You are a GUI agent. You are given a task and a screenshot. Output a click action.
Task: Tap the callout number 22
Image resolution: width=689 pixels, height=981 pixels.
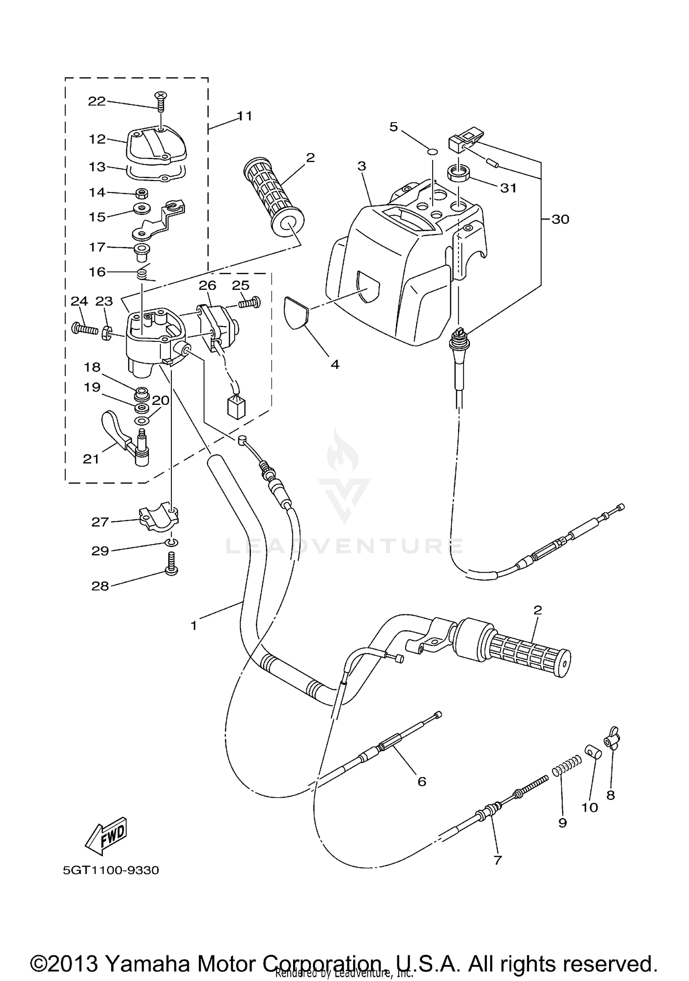[x=96, y=101]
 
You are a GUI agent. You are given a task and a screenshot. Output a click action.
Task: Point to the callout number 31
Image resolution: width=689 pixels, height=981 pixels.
[x=508, y=188]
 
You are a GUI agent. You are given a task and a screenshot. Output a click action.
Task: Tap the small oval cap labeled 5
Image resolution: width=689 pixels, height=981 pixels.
[x=432, y=152]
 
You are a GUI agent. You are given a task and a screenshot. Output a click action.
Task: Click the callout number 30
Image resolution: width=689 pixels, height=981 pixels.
[x=560, y=220]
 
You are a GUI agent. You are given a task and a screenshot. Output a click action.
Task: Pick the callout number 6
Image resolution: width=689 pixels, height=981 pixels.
[x=422, y=781]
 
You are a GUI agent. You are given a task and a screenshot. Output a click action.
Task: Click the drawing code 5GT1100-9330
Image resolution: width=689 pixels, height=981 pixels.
[x=111, y=870]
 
